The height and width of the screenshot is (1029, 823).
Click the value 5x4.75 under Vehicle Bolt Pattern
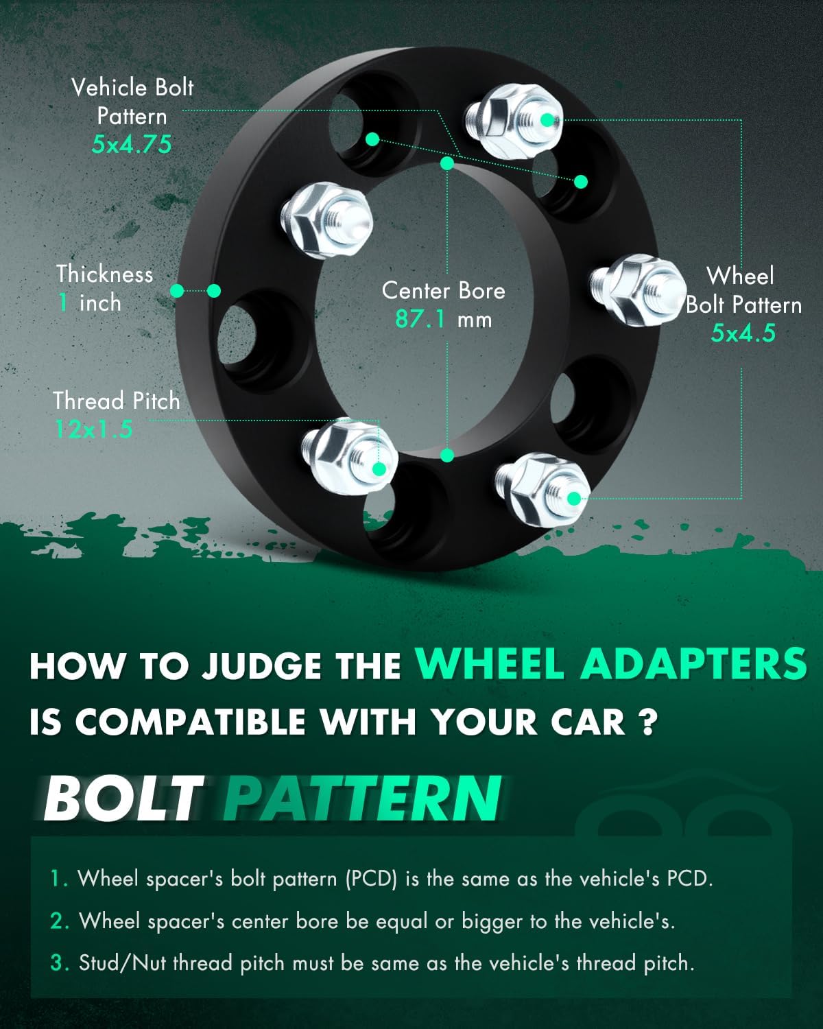[132, 144]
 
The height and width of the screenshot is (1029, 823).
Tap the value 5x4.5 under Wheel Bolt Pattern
[743, 333]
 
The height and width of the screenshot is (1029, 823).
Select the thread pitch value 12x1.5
[93, 429]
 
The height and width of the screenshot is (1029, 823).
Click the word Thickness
[105, 274]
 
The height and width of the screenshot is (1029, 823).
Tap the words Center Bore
[443, 290]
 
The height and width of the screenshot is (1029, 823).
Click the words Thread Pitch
[117, 401]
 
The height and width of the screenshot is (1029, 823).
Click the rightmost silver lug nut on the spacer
[634, 286]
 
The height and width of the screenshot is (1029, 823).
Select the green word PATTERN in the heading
[362, 799]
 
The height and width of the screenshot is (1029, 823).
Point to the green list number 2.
[60, 921]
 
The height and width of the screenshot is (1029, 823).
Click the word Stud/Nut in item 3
[123, 963]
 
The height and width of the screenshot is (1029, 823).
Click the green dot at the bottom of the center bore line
[448, 455]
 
